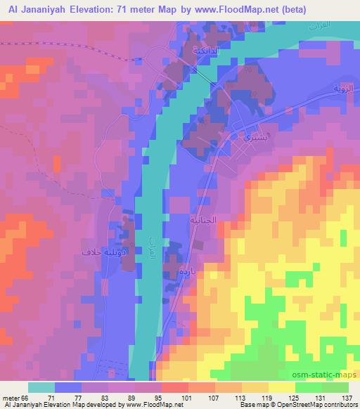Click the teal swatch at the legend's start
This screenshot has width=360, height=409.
41,387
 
